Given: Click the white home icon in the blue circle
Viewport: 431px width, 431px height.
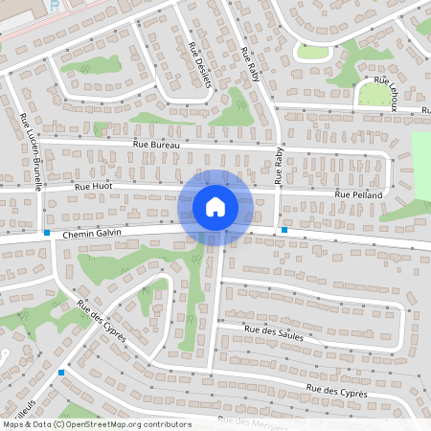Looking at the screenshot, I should [x=215, y=206].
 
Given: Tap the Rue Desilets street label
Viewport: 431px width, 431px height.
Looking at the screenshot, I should [x=201, y=64].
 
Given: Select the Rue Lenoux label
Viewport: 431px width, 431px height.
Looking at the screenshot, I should [x=388, y=94].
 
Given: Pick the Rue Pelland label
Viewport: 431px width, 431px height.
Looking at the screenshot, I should [x=358, y=195].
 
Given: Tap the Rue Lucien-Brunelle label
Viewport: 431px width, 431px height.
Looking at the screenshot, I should [x=30, y=154].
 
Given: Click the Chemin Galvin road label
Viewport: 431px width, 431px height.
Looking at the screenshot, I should [x=95, y=233].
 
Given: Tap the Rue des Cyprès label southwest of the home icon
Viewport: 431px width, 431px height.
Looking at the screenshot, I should [x=102, y=322].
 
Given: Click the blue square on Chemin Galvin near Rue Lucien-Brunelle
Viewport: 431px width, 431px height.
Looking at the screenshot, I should [x=46, y=232].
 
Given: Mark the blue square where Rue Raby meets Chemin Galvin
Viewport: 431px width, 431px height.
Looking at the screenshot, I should [x=284, y=230].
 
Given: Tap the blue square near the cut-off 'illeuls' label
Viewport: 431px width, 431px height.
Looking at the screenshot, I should [x=61, y=372].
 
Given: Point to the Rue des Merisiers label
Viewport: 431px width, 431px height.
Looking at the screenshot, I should [x=253, y=422].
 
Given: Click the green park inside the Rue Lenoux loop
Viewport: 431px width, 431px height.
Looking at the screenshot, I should [x=370, y=94].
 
